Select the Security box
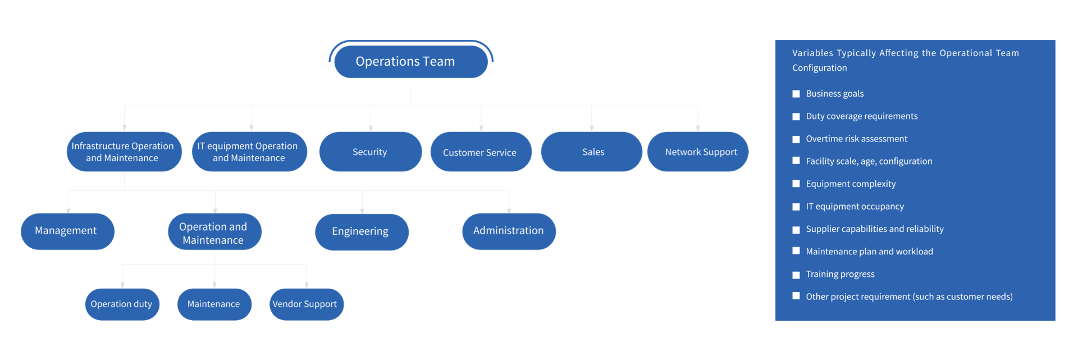[x=370, y=152]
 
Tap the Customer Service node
[x=480, y=152]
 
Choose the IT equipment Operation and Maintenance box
[x=249, y=152]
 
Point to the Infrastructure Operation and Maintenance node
[x=124, y=152]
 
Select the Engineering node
[x=361, y=231]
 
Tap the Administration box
[x=508, y=231]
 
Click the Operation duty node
[x=122, y=304]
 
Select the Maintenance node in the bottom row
[x=214, y=304]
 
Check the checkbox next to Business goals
[x=796, y=94]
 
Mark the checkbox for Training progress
[x=796, y=275]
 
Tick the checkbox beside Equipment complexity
[x=796, y=184]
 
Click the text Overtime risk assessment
[x=856, y=139]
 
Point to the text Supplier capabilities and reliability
[x=874, y=229]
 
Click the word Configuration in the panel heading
[x=819, y=68]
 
